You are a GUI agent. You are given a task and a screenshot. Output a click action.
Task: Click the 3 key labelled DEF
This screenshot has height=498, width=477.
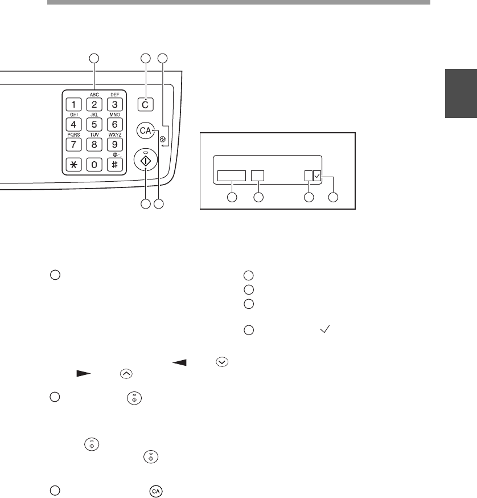point(114,104)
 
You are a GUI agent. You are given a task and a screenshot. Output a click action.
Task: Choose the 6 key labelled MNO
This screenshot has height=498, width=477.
point(114,124)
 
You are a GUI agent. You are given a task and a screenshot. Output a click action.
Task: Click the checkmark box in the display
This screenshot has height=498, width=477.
point(318,177)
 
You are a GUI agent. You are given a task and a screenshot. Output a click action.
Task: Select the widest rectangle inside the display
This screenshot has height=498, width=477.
point(232,176)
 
